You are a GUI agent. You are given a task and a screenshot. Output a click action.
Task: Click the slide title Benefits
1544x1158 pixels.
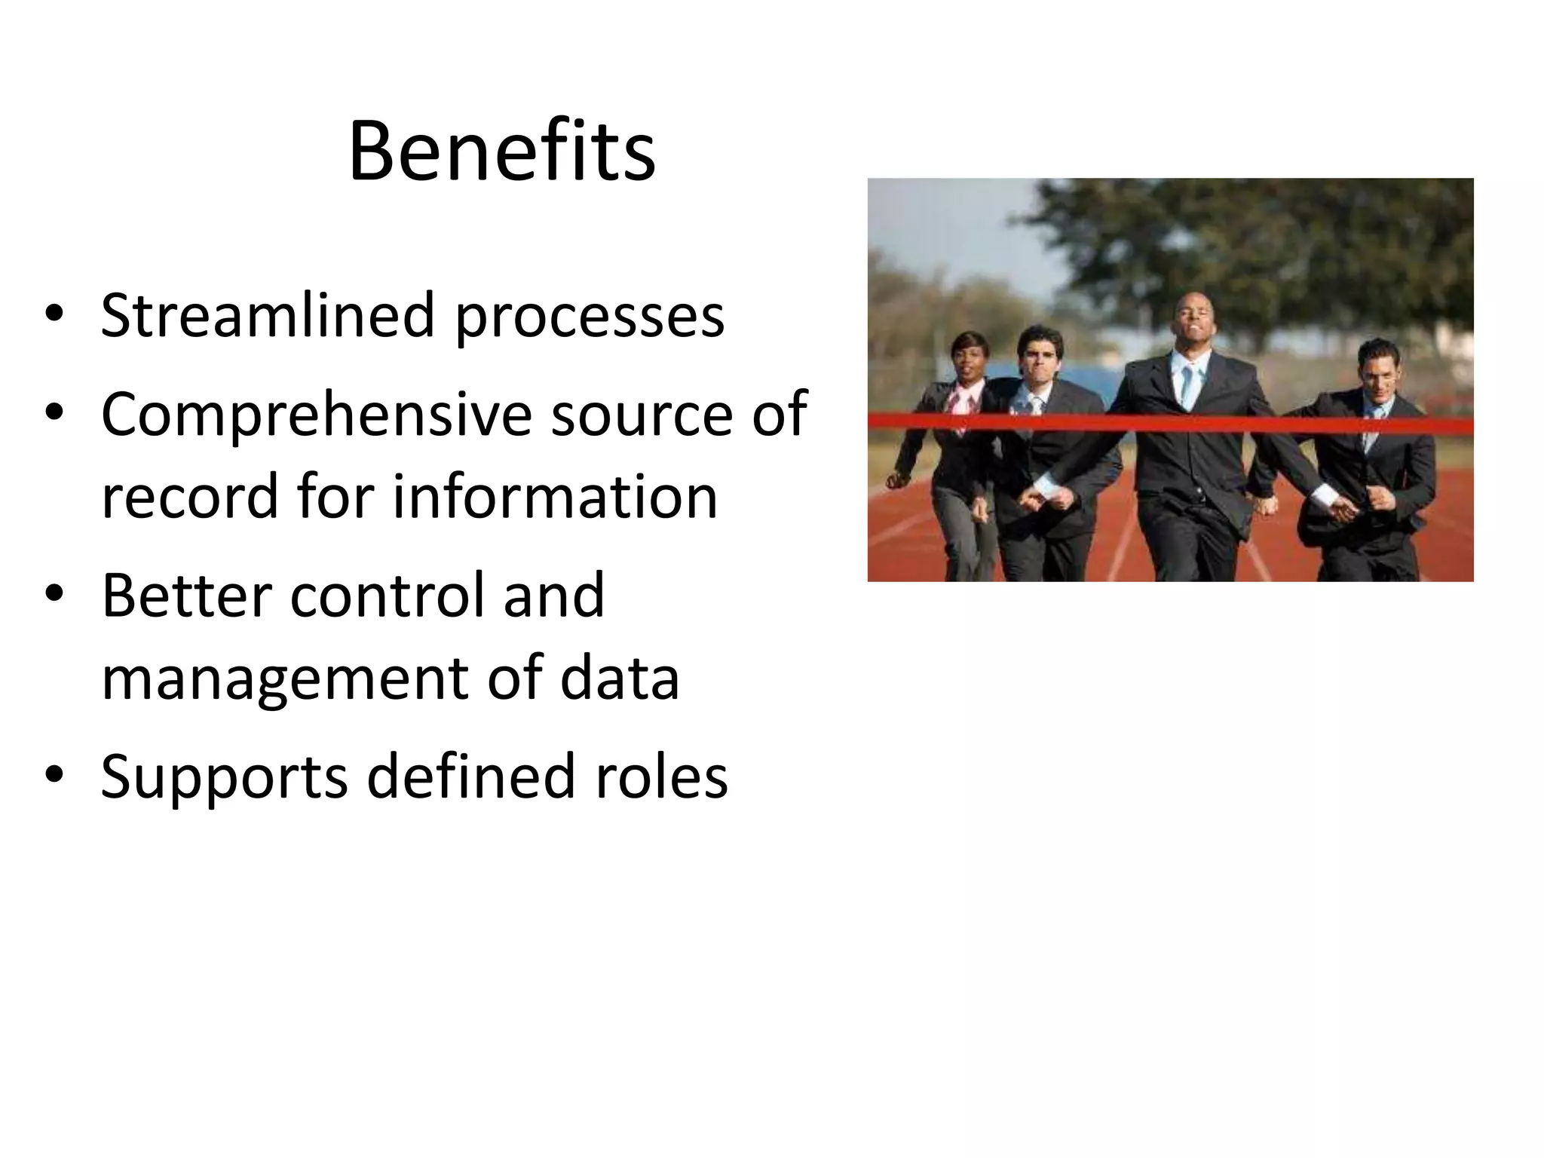[x=501, y=153]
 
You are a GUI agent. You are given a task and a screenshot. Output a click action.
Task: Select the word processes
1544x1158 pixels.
[x=589, y=317]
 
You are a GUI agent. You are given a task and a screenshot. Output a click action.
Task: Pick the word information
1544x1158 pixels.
[x=555, y=496]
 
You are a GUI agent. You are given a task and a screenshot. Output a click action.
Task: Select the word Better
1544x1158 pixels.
[x=185, y=595]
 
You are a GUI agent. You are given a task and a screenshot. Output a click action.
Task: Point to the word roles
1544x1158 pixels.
[x=661, y=777]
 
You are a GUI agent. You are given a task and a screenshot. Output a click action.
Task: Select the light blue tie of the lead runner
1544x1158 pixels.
[x=1188, y=384]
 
